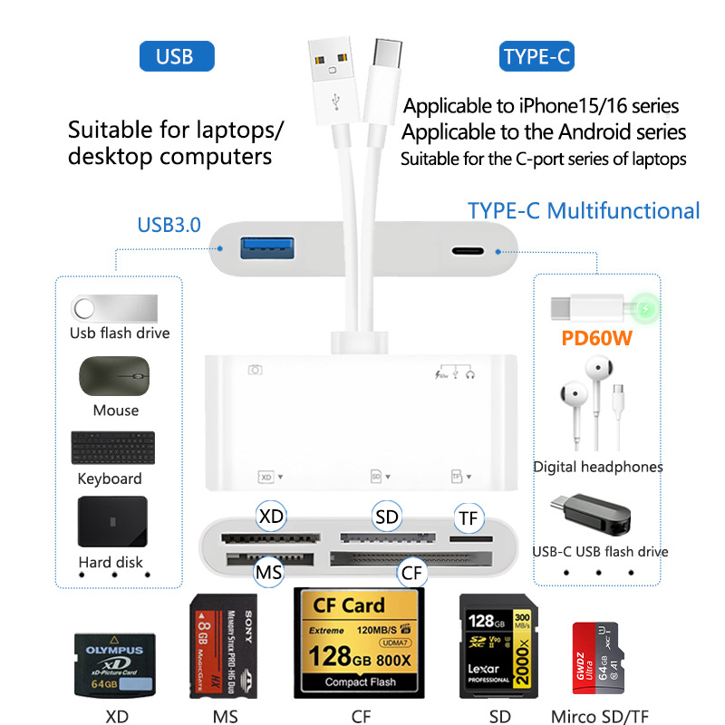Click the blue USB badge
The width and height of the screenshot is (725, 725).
point(176,56)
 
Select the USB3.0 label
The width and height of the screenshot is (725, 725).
point(169,224)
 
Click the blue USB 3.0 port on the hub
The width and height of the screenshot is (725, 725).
point(266,246)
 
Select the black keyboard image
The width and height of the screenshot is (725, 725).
point(110,448)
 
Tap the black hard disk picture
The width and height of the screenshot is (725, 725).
point(111,522)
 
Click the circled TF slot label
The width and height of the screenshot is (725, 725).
point(469,518)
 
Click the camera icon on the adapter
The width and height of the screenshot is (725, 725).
point(256,369)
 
